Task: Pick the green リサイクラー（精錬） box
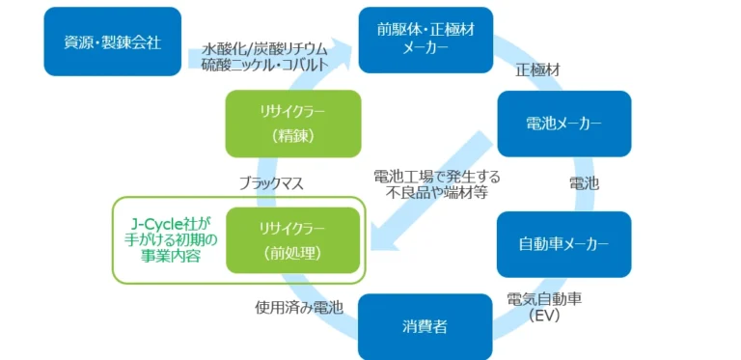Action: (x=291, y=124)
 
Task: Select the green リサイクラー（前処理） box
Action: (x=291, y=240)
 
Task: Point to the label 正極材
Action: (x=537, y=70)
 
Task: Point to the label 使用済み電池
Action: (x=299, y=307)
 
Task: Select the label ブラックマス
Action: (x=273, y=181)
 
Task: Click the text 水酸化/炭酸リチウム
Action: (x=265, y=47)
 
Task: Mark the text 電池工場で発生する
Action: (x=437, y=177)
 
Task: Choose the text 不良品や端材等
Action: (x=437, y=193)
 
